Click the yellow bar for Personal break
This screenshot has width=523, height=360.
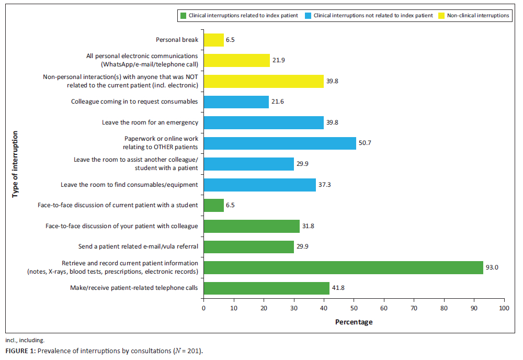click(x=213, y=40)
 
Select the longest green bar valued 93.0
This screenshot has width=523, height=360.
click(x=343, y=267)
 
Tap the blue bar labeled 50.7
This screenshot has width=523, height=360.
click(x=280, y=143)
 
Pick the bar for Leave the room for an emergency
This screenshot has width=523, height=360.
click(x=264, y=122)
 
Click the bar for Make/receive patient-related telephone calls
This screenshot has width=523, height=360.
click(x=266, y=288)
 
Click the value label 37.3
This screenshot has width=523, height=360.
click(x=325, y=185)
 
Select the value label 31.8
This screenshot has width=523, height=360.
click(x=308, y=226)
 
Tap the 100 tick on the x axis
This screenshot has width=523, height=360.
click(x=504, y=309)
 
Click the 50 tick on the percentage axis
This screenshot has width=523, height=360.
click(x=354, y=309)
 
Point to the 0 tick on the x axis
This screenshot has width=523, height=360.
click(x=203, y=309)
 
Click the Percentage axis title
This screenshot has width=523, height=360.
click(x=354, y=322)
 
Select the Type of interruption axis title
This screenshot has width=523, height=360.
click(x=15, y=164)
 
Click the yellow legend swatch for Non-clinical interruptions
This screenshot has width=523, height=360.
click(x=442, y=16)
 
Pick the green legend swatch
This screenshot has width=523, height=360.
click(x=183, y=16)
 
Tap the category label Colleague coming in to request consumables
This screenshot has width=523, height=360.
click(x=134, y=102)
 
